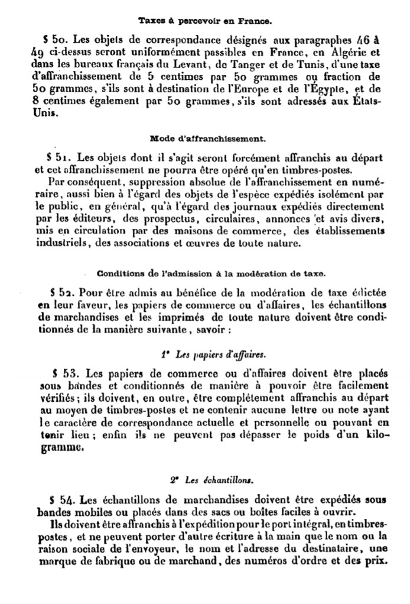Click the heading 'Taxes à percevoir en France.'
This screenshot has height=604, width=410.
205,21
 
